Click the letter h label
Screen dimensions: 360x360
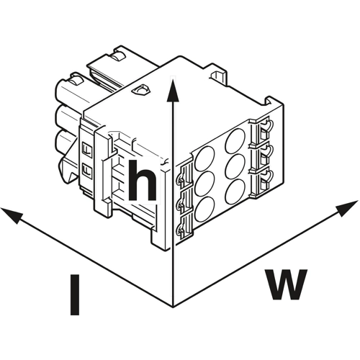click(x=142, y=180)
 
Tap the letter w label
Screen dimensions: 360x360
click(x=286, y=284)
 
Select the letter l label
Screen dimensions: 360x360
click(x=75, y=295)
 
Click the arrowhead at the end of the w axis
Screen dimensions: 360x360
click(x=347, y=207)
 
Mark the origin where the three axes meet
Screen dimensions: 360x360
click(x=173, y=307)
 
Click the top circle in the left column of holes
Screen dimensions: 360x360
click(x=204, y=159)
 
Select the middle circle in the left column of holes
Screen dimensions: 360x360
click(x=204, y=184)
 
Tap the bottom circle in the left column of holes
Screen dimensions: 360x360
click(x=204, y=209)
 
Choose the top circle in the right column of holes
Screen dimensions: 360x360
click(x=235, y=140)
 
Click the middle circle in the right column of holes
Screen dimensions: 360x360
click(x=235, y=166)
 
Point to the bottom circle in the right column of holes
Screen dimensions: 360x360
click(x=235, y=191)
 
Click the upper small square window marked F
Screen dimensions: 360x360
click(x=87, y=150)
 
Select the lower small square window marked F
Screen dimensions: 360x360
click(x=87, y=170)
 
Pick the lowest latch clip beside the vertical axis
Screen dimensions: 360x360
click(x=184, y=228)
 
